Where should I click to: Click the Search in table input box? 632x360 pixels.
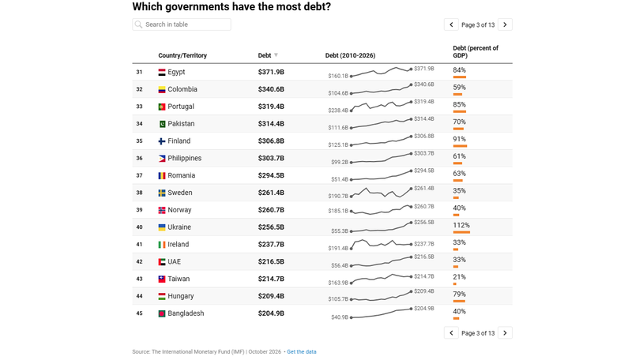(x=182, y=24)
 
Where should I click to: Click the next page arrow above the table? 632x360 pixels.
(x=505, y=24)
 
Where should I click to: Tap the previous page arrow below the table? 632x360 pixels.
(x=451, y=333)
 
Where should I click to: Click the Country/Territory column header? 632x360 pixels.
(x=182, y=55)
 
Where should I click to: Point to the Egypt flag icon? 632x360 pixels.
(x=162, y=73)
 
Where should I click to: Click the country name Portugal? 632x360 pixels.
(x=181, y=107)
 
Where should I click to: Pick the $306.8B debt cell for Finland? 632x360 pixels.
(x=271, y=141)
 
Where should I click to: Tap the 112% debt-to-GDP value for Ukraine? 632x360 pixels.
(x=461, y=226)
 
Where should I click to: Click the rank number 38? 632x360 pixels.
(x=140, y=193)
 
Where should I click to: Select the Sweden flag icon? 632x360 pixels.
(x=162, y=193)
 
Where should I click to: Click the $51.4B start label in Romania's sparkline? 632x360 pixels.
(x=340, y=179)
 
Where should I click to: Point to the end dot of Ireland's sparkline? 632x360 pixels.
(x=411, y=245)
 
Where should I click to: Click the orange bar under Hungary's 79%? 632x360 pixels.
(x=459, y=302)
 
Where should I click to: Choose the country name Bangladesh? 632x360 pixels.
(x=186, y=313)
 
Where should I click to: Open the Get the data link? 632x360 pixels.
(x=302, y=352)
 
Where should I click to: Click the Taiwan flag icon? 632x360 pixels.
(x=162, y=279)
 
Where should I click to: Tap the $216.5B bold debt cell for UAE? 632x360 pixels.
(x=271, y=262)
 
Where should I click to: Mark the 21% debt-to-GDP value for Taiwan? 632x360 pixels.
(x=460, y=277)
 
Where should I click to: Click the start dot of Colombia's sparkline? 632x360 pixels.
(x=351, y=93)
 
